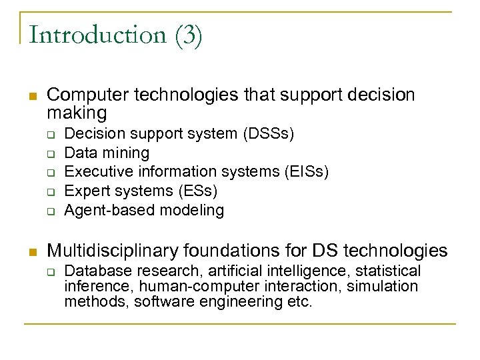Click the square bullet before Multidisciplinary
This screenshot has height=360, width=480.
(x=32, y=251)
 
